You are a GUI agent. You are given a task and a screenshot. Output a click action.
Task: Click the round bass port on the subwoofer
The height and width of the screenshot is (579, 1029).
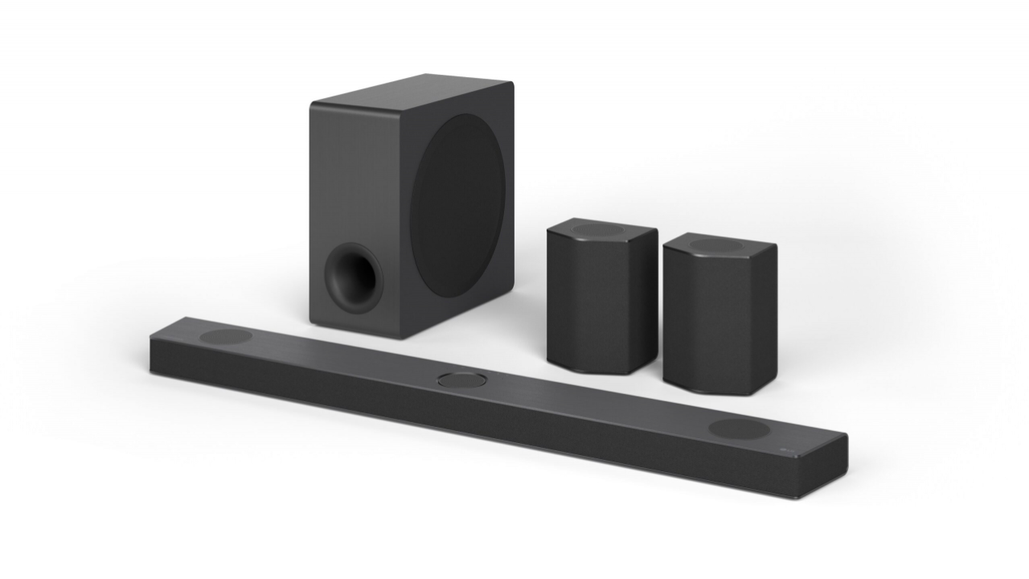coord(351,277)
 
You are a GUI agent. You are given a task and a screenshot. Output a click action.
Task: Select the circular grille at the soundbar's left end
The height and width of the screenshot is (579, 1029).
coord(226,336)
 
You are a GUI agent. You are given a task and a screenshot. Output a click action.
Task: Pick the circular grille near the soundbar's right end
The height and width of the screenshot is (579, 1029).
coord(739,429)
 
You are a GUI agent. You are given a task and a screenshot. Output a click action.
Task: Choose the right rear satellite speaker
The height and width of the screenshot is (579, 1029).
coord(719,314)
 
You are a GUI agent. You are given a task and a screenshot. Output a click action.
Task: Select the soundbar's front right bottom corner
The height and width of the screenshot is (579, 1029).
coord(800,497)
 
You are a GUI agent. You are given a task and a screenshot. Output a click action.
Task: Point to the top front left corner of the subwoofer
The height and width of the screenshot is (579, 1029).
coord(311,103)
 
